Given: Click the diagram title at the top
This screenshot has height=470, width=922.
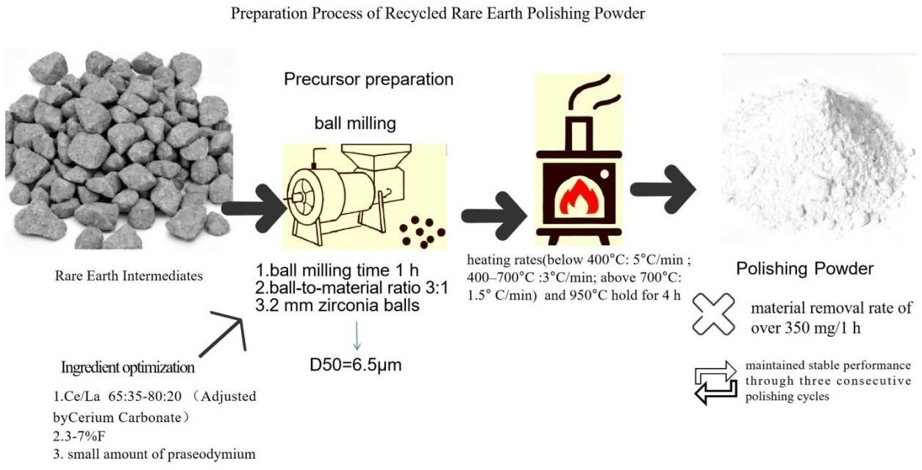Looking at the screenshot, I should pos(439,14).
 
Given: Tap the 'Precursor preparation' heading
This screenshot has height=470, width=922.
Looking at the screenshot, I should pos(368,79).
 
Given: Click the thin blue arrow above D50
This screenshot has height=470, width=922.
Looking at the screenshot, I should pos(356,334).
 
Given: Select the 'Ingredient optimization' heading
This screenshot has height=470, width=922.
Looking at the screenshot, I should pos(129,366).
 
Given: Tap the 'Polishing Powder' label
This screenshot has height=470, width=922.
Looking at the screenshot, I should pos(804,269).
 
